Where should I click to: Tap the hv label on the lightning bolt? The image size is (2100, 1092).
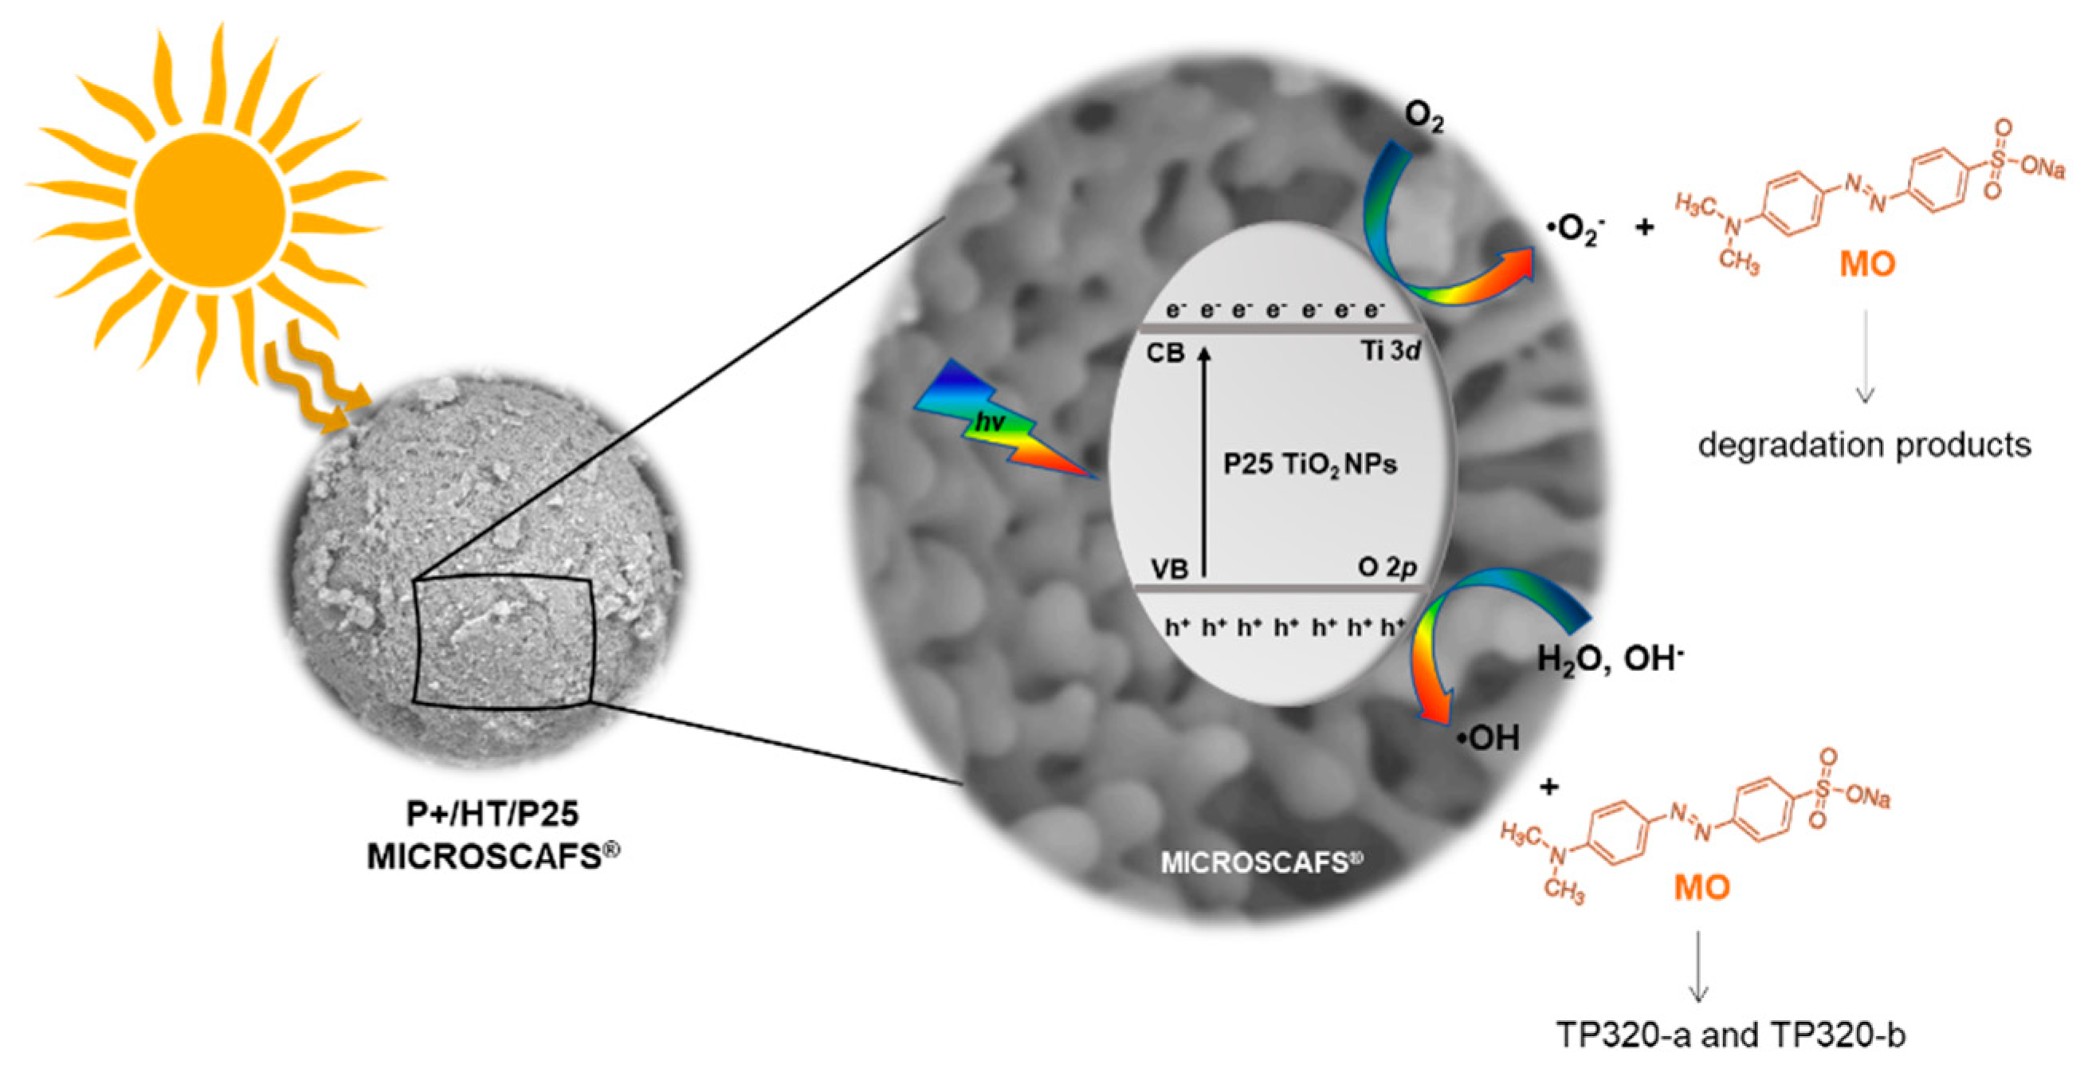[990, 422]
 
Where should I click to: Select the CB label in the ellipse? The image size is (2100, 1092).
[1165, 354]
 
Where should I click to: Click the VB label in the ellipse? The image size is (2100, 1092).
[1170, 568]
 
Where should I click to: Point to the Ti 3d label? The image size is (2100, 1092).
[1390, 352]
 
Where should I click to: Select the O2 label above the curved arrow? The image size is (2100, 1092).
[1423, 117]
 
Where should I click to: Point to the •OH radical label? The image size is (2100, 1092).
[1489, 738]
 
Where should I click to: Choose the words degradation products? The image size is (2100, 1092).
[1864, 446]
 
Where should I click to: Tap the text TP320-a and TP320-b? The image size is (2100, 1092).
[1731, 1035]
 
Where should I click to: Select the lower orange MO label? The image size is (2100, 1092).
[1702, 887]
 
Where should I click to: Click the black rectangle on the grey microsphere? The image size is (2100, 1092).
[502, 640]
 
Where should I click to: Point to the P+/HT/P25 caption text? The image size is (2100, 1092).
[493, 814]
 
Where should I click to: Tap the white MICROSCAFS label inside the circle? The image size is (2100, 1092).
[1261, 862]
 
